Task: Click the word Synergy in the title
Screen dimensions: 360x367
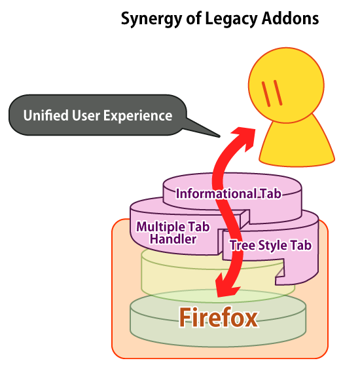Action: [151, 19]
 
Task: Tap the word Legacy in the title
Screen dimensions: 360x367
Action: [231, 19]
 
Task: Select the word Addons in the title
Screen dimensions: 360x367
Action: [291, 18]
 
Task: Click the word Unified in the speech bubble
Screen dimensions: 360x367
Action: [46, 115]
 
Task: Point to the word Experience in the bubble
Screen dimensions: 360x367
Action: [138, 116]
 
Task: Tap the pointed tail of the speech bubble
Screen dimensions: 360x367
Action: [219, 136]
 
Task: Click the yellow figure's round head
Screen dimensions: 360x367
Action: [286, 85]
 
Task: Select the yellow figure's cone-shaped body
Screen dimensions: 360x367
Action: [297, 145]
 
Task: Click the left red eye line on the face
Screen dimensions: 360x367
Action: [266, 94]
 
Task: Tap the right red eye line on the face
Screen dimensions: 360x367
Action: [278, 93]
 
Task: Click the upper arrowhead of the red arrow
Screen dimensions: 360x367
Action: [244, 138]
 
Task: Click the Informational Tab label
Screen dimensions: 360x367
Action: [228, 193]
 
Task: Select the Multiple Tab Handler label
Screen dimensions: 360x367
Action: [173, 233]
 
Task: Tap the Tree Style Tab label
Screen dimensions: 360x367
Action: [271, 245]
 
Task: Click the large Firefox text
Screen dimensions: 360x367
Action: [219, 317]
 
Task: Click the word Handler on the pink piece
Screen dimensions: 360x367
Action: [173, 239]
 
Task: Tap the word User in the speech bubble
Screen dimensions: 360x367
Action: [86, 115]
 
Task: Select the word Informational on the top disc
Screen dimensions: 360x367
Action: [216, 193]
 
